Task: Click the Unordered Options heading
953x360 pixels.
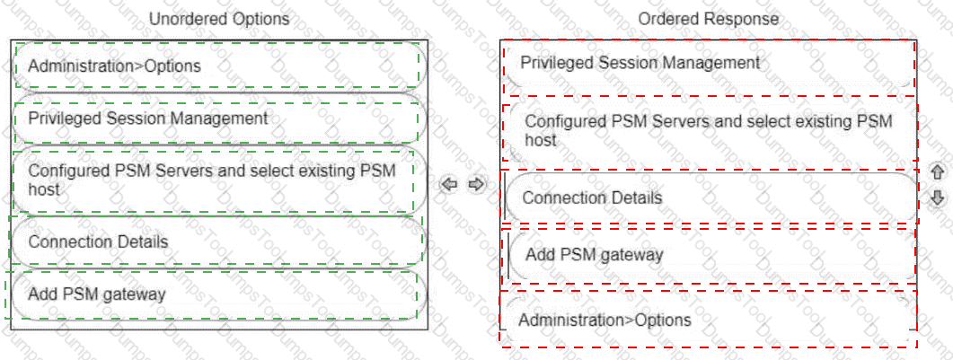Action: (x=219, y=20)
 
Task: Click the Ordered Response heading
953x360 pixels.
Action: (x=708, y=20)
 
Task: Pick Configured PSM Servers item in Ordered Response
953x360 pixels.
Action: (x=708, y=130)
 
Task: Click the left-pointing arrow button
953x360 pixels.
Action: (x=449, y=183)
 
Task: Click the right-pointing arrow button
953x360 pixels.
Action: (x=477, y=183)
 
